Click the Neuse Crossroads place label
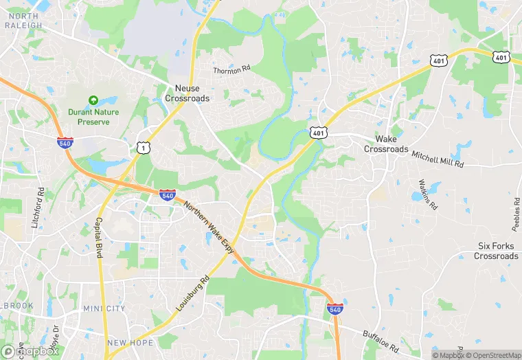coord(187,93)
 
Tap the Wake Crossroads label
coord(386,144)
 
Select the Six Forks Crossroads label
coord(496,251)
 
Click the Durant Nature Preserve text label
coord(93,117)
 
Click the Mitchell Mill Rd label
coord(438,160)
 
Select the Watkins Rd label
coord(428,194)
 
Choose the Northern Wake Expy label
coord(210,227)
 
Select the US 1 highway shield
coord(142,148)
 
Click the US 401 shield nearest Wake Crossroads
coord(318,132)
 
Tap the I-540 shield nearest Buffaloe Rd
coord(335,309)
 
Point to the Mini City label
coord(104,309)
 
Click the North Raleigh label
coord(25,21)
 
